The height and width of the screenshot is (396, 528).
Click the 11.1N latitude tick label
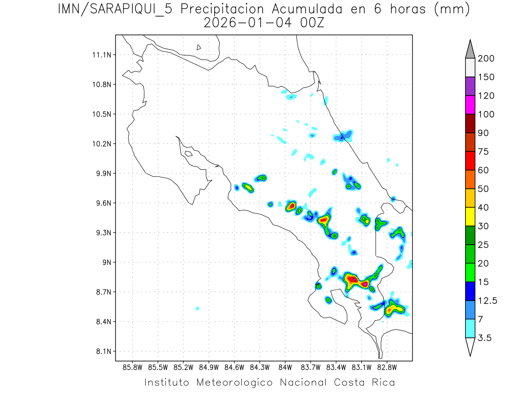(101, 55)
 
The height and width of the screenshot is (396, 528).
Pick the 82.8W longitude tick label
(387, 367)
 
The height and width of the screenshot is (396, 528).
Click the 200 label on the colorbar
(486, 59)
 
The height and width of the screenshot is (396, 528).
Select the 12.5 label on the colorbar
(488, 301)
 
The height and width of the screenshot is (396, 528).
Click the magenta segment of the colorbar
(470, 105)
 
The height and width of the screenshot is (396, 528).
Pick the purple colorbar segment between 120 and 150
(470, 86)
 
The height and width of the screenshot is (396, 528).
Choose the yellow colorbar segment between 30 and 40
(470, 216)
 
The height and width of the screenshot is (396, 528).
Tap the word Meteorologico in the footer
(235, 382)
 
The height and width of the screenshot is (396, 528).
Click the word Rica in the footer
(381, 382)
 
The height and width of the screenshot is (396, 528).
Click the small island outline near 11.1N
(199, 47)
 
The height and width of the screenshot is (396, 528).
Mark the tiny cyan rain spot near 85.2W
(197, 308)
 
